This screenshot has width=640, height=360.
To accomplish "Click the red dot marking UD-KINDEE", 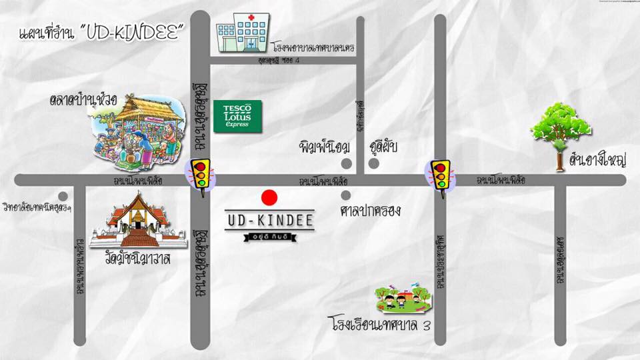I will pyautogui.click(x=269, y=197).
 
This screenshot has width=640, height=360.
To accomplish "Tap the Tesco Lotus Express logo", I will pyautogui.click(x=237, y=115).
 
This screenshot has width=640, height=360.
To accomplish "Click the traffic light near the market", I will pyautogui.click(x=199, y=175).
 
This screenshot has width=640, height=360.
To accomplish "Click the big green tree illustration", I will pyautogui.click(x=561, y=127).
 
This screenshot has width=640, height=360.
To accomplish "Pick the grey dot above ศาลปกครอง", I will pyautogui.click(x=345, y=195).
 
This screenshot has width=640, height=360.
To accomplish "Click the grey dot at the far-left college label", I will pyautogui.click(x=62, y=196).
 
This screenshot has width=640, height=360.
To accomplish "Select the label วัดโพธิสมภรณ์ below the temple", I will pyautogui.click(x=143, y=259).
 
